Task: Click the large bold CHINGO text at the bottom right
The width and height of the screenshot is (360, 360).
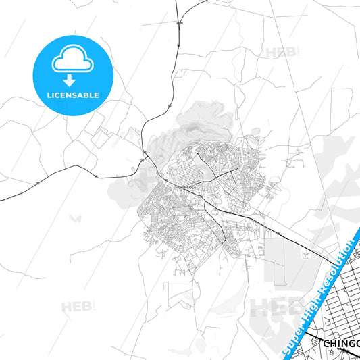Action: point(341,345)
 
